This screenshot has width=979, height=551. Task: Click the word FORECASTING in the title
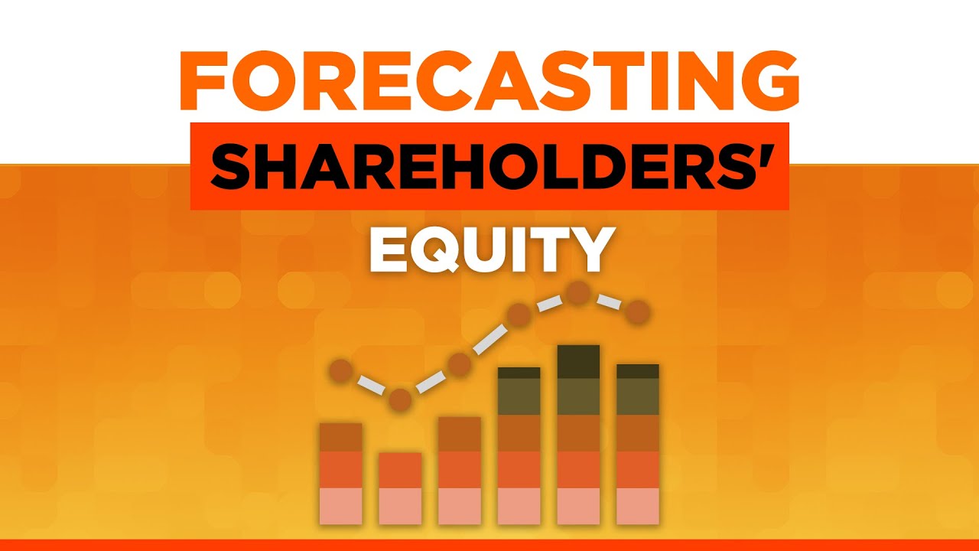click(x=489, y=81)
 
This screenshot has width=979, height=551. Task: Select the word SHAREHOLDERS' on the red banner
click(x=489, y=167)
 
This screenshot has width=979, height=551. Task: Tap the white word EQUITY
click(x=489, y=249)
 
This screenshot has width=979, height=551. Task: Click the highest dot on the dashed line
click(x=579, y=292)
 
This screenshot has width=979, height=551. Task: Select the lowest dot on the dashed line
click(x=400, y=399)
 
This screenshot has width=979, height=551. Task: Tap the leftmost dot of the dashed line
click(x=340, y=372)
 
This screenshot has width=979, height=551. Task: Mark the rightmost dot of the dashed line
click(x=638, y=312)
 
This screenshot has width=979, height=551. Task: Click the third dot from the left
click(x=460, y=365)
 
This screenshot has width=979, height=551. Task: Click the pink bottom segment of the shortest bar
click(x=400, y=506)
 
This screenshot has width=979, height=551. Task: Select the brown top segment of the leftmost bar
click(x=340, y=437)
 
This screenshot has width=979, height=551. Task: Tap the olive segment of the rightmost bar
click(x=638, y=396)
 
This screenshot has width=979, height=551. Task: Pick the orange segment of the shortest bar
click(x=400, y=470)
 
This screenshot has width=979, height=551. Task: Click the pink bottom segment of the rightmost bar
click(x=638, y=506)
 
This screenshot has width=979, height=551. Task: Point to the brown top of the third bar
click(x=460, y=434)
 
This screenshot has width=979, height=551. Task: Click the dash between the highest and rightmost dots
click(x=609, y=302)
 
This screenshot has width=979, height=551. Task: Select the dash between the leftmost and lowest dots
click(x=370, y=386)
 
